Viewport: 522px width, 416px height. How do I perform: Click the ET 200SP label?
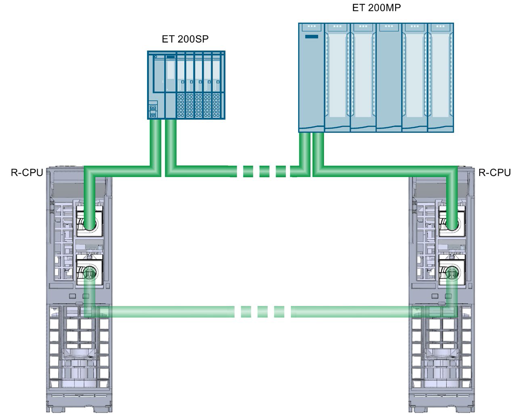coord(185,39)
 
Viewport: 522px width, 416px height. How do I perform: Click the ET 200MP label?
coord(376,8)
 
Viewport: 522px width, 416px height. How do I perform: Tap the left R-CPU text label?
coord(27,173)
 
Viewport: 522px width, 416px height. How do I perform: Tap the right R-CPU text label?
coord(494,173)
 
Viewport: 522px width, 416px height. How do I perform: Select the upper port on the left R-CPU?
coord(89,221)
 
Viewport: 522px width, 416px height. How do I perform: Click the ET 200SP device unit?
coord(186,85)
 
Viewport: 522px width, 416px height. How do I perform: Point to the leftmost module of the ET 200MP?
coord(311,77)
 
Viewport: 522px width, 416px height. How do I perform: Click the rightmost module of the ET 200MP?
coord(441,77)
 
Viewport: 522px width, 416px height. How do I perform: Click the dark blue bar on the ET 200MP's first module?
coord(311,37)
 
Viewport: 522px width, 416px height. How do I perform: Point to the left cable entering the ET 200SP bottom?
coord(155,141)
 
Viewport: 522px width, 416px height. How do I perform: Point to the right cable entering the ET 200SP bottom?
coord(170,141)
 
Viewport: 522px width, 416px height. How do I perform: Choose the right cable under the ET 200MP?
coord(318,149)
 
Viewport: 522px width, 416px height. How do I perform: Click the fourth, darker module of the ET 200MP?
coord(389,77)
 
